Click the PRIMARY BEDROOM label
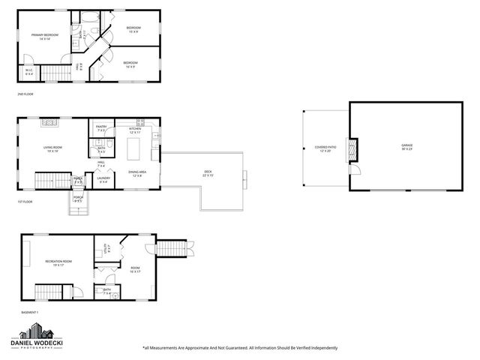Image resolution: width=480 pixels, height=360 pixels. click(45, 37)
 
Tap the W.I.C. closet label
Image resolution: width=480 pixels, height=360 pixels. click(29, 73)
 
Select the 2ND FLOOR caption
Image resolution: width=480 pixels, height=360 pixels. click(25, 94)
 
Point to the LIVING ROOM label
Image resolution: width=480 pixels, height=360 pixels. click(52, 148)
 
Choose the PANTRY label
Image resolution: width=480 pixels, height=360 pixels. click(101, 129)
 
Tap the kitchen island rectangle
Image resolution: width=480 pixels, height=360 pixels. click(136, 149)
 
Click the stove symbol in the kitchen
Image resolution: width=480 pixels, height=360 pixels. click(155, 136)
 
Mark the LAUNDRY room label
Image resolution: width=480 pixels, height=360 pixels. click(103, 180)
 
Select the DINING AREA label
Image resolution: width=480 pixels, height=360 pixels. click(136, 174)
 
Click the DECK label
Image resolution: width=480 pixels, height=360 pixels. click(208, 173)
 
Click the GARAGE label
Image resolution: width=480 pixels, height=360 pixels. click(406, 145)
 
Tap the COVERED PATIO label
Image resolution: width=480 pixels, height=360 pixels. click(325, 148)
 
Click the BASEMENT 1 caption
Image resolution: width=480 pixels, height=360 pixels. click(28, 312)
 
